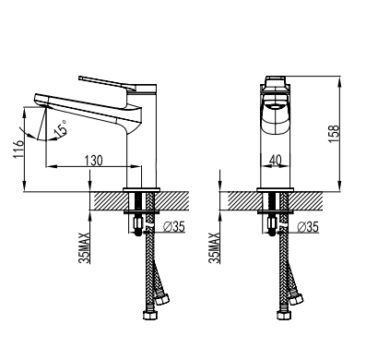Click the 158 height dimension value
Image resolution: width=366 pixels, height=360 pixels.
[334, 133]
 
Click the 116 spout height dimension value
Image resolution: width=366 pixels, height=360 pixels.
[18, 149]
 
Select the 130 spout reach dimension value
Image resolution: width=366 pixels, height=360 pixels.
[93, 160]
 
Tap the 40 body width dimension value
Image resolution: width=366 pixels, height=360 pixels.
[276, 160]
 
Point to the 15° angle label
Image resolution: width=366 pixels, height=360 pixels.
[61, 128]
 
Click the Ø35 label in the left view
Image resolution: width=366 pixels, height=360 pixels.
[174, 226]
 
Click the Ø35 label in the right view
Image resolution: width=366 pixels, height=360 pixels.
[308, 227]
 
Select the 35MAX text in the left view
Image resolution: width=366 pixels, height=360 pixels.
[85, 247]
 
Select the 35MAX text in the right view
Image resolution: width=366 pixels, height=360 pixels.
[215, 247]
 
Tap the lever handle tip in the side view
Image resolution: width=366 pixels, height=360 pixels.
[80, 78]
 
